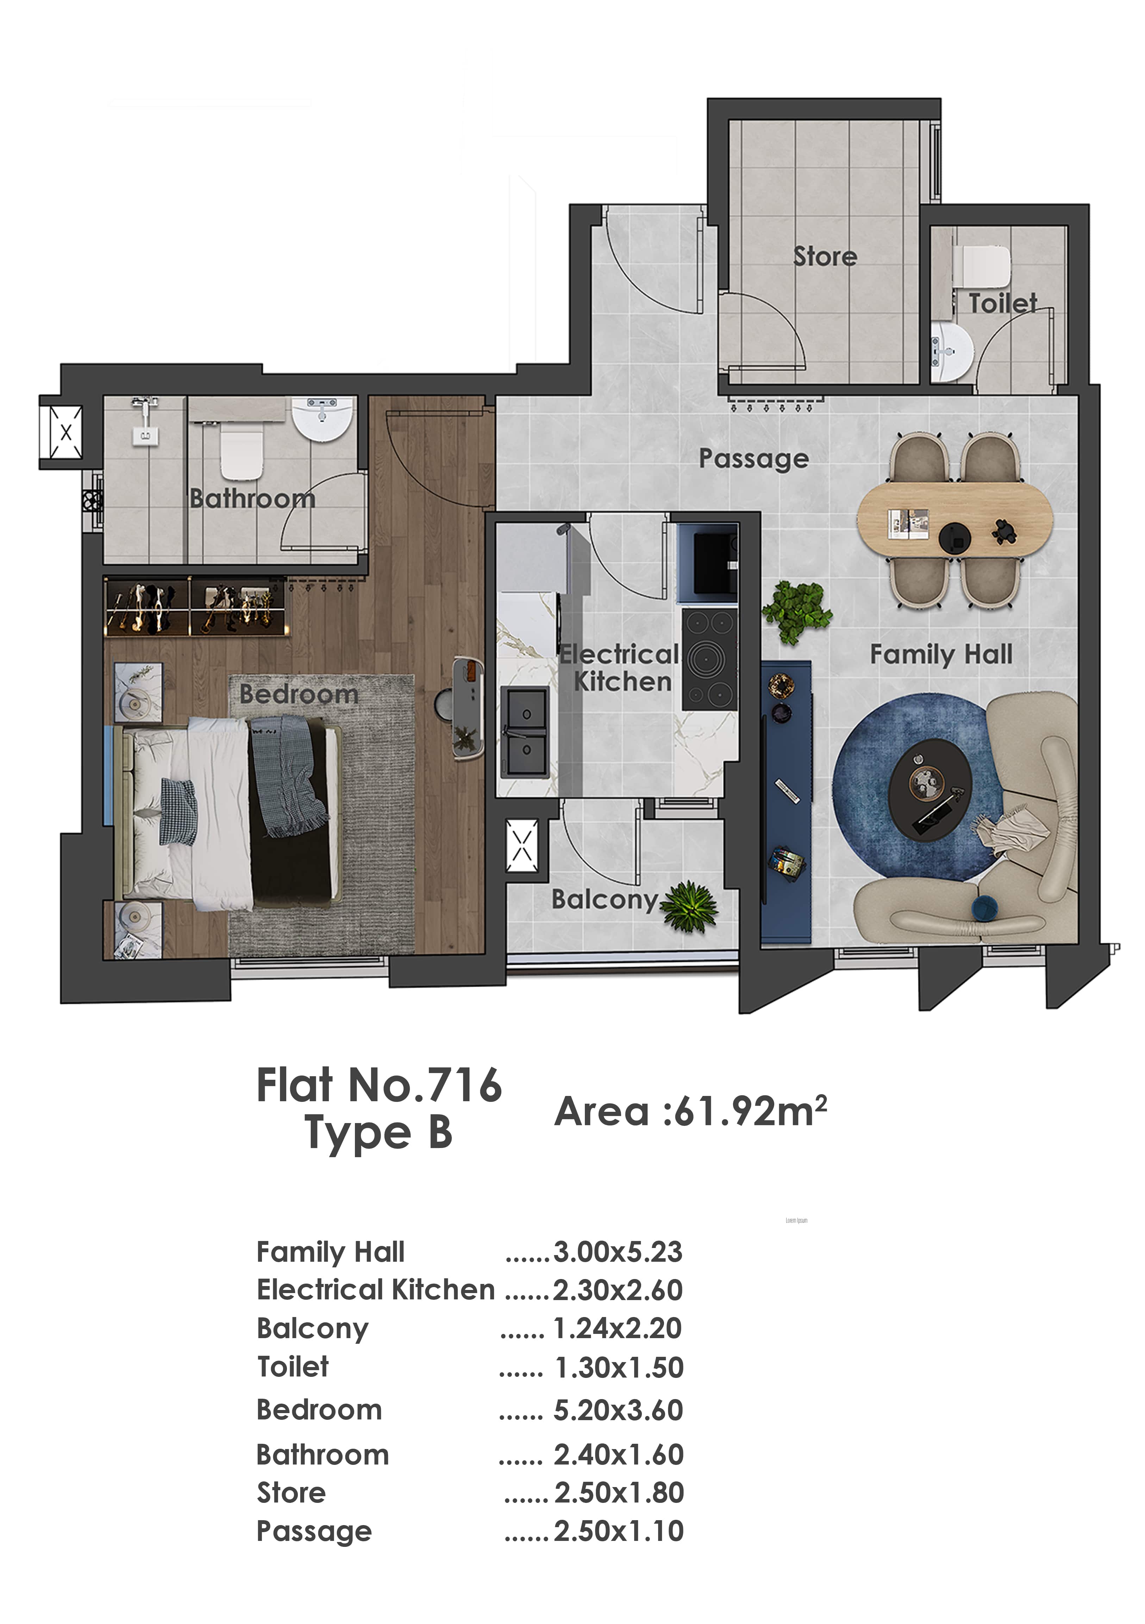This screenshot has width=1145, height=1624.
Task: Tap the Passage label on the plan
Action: (x=754, y=459)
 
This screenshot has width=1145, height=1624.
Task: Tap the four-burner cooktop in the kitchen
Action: (x=709, y=660)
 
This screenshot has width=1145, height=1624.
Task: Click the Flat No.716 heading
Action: (x=379, y=1085)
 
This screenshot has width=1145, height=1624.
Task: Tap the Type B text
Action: (x=378, y=1133)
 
